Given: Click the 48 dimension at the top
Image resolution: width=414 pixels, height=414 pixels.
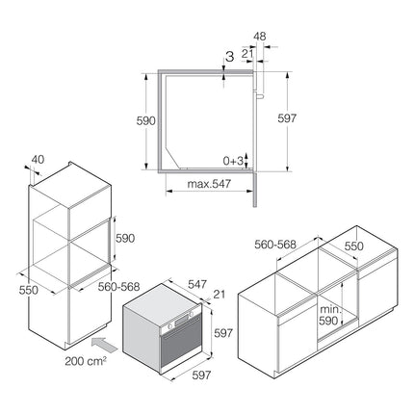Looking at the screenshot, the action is point(260,37).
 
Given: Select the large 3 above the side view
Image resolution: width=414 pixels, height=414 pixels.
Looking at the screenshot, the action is point(230,57).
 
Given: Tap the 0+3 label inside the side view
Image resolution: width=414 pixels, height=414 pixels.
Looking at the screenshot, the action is point(233,161).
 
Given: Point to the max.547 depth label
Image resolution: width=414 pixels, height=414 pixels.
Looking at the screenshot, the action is point(209,184).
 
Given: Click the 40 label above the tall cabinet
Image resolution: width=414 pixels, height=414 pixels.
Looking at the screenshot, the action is point(38,160).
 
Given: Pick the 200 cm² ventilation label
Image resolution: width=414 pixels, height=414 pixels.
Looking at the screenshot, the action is point(86,361).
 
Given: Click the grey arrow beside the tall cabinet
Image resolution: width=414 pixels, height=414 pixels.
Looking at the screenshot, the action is point(104,346).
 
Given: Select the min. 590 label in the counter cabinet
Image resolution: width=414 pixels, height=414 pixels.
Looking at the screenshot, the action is point(329,315).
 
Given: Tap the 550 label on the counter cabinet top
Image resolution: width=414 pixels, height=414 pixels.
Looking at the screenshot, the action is point(354,246).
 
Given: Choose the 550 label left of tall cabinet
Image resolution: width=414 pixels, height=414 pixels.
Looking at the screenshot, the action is point(29,290).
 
